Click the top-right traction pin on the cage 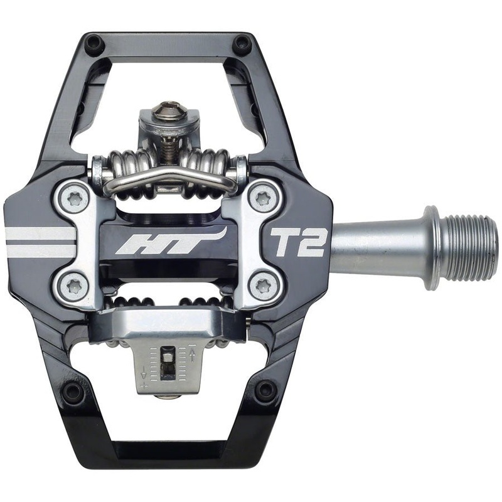(x=242, y=44)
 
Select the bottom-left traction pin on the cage (x=73, y=392)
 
